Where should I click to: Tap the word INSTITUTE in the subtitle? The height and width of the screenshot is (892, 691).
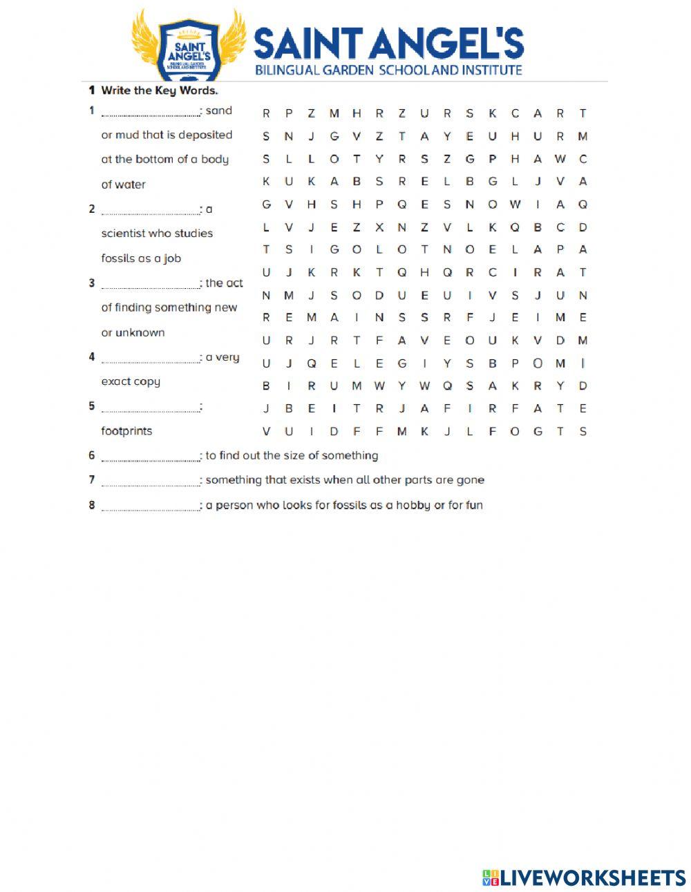(x=491, y=70)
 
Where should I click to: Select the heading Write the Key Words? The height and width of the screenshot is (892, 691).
(x=159, y=91)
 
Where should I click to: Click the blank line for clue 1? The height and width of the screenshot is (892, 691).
(x=150, y=113)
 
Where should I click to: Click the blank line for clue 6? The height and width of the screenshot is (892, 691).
(x=150, y=457)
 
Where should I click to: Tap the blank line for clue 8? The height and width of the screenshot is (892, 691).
(x=150, y=507)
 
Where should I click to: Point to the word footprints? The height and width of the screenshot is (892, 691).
(x=126, y=431)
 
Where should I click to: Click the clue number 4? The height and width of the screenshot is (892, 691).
(x=91, y=357)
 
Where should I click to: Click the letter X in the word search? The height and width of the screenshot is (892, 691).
(x=379, y=227)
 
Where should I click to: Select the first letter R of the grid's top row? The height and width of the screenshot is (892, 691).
(x=266, y=113)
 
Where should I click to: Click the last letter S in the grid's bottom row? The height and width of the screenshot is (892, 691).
(x=583, y=432)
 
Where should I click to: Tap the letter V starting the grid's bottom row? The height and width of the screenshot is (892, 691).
(x=266, y=432)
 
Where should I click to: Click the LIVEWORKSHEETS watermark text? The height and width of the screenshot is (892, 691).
(x=593, y=877)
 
